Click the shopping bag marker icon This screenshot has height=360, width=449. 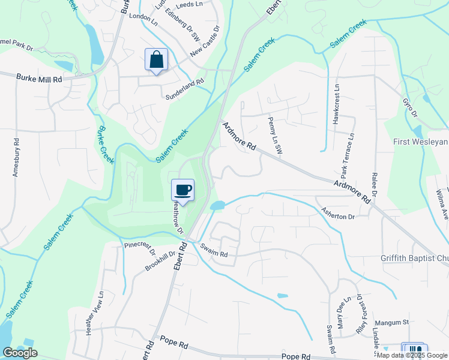click(156, 60)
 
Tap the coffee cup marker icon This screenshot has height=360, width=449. click(183, 190)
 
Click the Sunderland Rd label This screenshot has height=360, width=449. click(185, 86)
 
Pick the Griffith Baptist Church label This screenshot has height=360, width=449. click(414, 259)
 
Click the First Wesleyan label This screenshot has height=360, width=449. click(420, 142)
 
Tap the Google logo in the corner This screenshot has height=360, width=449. click(20, 353)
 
